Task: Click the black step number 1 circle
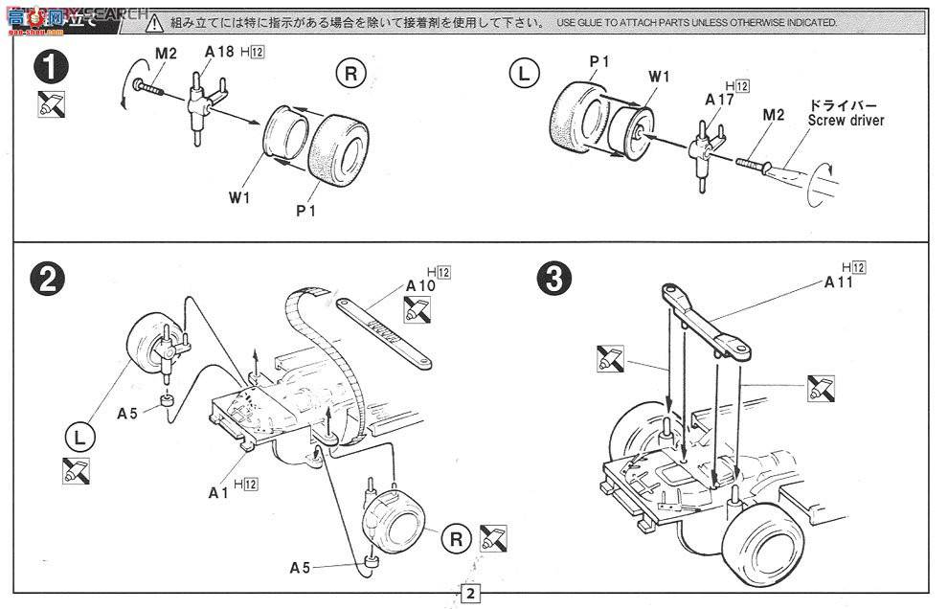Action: (49, 69)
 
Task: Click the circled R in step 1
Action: (350, 74)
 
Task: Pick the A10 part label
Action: (420, 285)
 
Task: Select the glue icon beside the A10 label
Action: (418, 310)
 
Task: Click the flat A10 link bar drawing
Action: (385, 331)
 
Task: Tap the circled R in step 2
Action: (457, 541)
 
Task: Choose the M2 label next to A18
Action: (166, 55)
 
